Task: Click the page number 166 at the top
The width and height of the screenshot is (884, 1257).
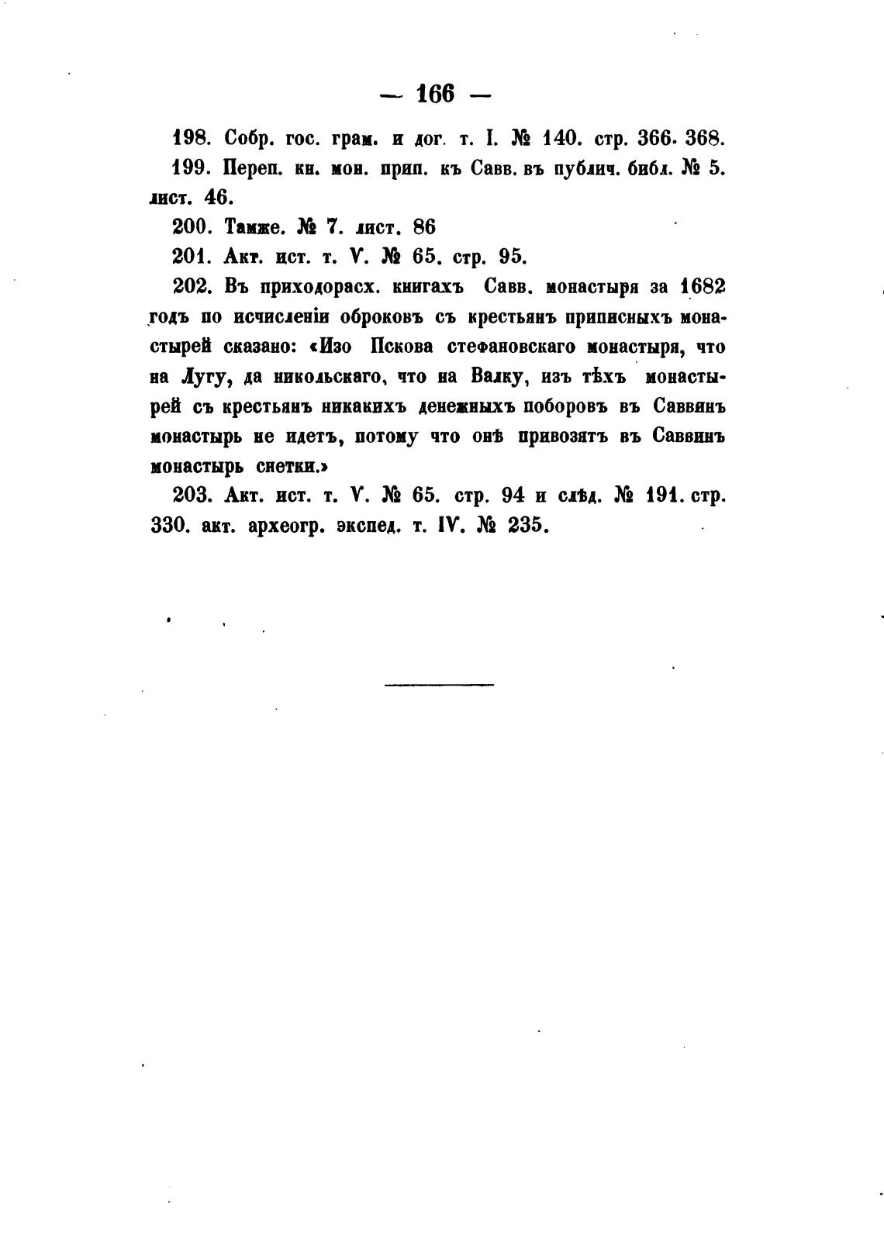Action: (435, 94)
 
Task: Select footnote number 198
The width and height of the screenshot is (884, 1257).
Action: (189, 140)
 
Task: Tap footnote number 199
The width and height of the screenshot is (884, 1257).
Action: (189, 168)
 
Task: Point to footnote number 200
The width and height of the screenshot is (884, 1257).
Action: (189, 227)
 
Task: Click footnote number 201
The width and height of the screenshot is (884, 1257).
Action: (189, 256)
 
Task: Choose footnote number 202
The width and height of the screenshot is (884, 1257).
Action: (191, 286)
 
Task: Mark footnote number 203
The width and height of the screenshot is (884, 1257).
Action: (191, 495)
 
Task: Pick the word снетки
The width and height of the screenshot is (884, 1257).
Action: (291, 467)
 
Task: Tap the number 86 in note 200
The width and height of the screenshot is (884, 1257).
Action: (424, 227)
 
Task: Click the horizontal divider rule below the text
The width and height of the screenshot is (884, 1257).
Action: (438, 684)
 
